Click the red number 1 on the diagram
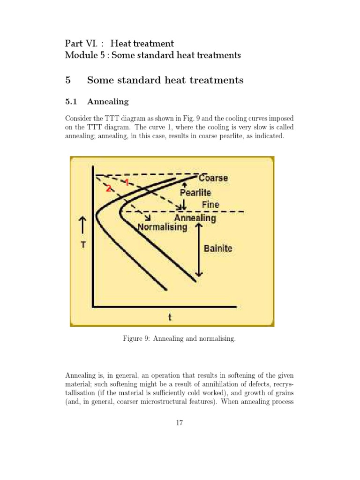[127, 182]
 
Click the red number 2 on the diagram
[109, 188]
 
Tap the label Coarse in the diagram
[213, 178]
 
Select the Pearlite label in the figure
[195, 193]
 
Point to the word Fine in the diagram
[210, 205]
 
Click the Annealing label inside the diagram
[195, 218]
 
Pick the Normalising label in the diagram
[163, 227]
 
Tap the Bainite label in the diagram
[217, 248]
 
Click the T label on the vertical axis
[83, 245]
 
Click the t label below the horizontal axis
[170, 317]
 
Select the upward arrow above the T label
[83, 225]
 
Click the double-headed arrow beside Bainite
[199, 250]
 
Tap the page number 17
[180, 423]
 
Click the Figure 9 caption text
[180, 338]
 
